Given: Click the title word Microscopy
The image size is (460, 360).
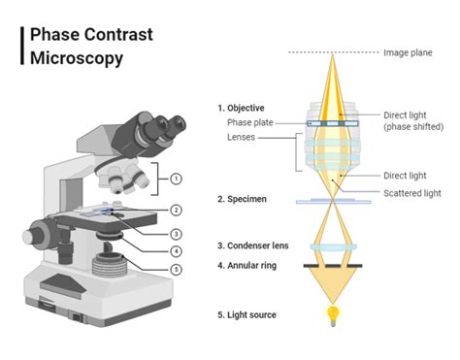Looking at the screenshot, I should click(x=77, y=58).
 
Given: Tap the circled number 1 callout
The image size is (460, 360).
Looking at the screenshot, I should click(x=176, y=179).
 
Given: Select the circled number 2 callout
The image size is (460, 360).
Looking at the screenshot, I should click(x=176, y=210).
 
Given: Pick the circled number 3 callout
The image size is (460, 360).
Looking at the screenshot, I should click(x=176, y=233).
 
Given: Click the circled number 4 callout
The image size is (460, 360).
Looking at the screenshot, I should click(x=176, y=251).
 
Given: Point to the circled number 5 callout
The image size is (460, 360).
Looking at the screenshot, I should click(x=176, y=270).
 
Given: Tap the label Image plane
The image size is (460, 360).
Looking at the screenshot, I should click(x=409, y=52).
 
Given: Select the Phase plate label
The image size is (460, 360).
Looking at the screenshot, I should click(x=249, y=123).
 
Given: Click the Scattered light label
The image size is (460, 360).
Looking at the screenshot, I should click(x=411, y=193).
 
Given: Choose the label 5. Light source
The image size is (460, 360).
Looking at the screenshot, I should click(x=246, y=314).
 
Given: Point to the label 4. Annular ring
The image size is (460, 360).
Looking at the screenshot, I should click(x=246, y=264).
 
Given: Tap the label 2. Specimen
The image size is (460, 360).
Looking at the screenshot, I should click(x=242, y=198).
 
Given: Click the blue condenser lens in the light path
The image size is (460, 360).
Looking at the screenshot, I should click(x=334, y=246).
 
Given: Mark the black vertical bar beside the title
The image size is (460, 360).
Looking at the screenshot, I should click(x=22, y=46).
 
